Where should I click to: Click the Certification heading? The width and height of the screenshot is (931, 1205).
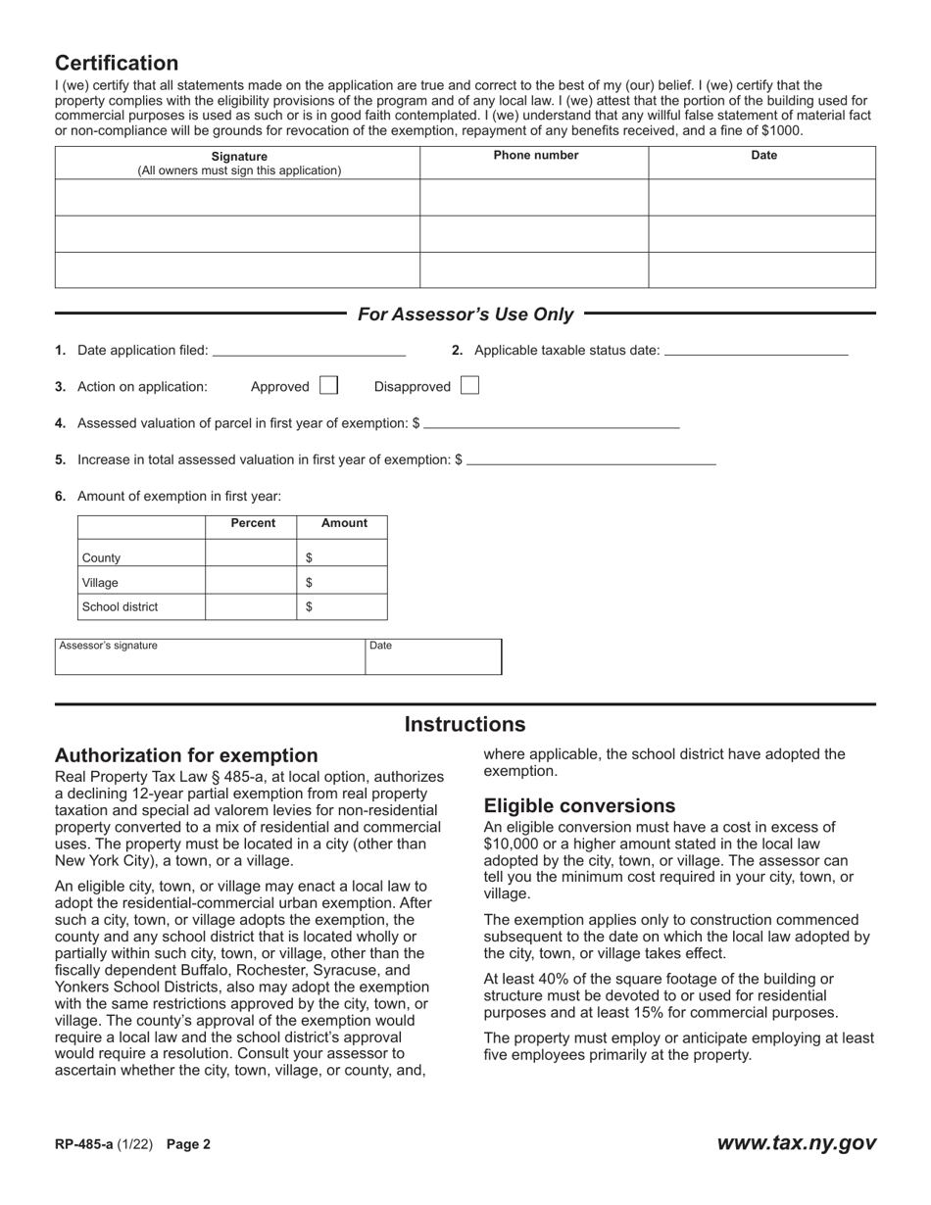click(x=117, y=64)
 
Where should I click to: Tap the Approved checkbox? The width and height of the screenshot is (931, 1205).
click(x=328, y=386)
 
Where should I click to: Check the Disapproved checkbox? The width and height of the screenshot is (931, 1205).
click(x=469, y=386)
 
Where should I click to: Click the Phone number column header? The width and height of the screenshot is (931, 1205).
click(x=535, y=156)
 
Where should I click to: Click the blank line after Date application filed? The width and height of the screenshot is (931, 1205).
click(x=309, y=350)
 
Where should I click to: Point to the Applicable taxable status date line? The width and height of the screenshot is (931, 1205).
click(x=756, y=350)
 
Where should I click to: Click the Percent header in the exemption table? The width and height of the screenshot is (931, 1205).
click(x=253, y=523)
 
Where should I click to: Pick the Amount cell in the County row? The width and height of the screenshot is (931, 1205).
click(x=342, y=557)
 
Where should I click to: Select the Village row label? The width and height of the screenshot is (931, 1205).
click(x=101, y=583)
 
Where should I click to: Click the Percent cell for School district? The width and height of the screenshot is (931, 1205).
click(x=251, y=607)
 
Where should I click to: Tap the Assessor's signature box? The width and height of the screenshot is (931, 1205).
click(x=211, y=657)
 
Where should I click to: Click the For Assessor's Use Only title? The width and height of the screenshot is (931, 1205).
click(x=465, y=314)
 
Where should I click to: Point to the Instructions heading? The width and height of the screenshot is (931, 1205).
click(x=465, y=725)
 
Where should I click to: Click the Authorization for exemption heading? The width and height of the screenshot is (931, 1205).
click(x=186, y=755)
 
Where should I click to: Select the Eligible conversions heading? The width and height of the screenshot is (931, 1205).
click(x=579, y=805)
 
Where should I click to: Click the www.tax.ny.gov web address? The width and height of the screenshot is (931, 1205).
click(x=796, y=1143)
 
